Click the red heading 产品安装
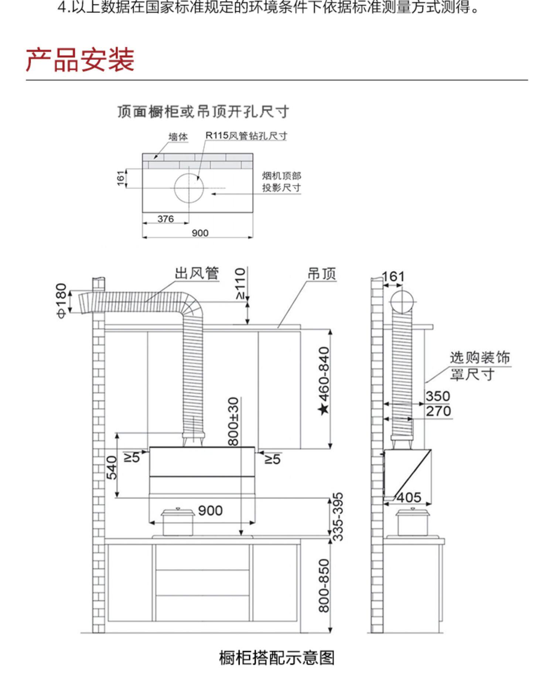click(x=80, y=60)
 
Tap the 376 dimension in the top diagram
click(x=165, y=219)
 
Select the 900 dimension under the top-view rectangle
click(x=200, y=233)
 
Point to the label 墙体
click(x=178, y=137)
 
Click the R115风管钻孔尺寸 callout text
click(x=246, y=136)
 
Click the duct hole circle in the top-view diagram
click(x=189, y=188)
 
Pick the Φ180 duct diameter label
click(x=61, y=300)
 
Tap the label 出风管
click(x=197, y=274)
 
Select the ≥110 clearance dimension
click(x=240, y=284)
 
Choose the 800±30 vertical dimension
click(x=233, y=421)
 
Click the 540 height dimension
click(x=112, y=467)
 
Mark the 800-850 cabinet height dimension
click(x=324, y=585)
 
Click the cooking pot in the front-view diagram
click(x=178, y=522)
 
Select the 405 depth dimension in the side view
click(x=409, y=498)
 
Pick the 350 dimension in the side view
click(x=438, y=396)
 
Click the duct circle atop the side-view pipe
click(x=402, y=301)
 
